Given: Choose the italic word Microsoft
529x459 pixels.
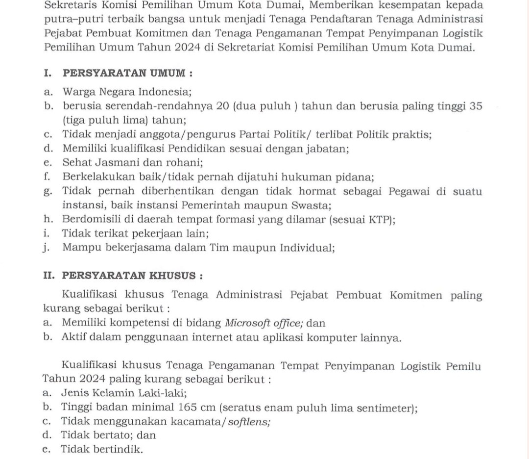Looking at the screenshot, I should [x=248, y=323].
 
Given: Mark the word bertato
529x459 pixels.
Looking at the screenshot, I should [x=111, y=435].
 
